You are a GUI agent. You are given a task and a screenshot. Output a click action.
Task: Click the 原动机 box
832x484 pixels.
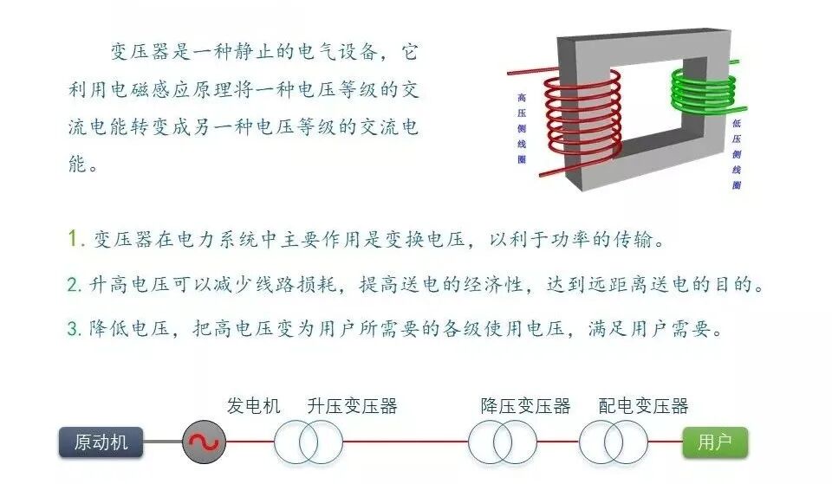pyautogui.click(x=101, y=442)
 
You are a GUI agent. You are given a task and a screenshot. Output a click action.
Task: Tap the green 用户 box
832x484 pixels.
pyautogui.click(x=715, y=442)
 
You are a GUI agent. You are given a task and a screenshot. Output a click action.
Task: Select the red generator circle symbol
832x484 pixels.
pyautogui.click(x=205, y=443)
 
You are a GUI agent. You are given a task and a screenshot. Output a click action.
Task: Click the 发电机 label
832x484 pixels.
pyautogui.click(x=254, y=406)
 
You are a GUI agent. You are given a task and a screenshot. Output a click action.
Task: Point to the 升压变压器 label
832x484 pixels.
pyautogui.click(x=352, y=406)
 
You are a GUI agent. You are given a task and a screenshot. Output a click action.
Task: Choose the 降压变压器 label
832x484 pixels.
pyautogui.click(x=525, y=406)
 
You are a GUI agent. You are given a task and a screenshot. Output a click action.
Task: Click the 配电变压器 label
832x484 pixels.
pyautogui.click(x=643, y=406)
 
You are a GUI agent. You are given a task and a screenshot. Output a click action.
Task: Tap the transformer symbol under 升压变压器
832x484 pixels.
pyautogui.click(x=309, y=443)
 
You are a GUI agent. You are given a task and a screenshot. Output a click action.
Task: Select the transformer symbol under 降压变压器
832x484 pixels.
pyautogui.click(x=503, y=443)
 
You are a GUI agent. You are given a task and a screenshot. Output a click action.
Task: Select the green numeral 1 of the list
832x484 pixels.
pyautogui.click(x=73, y=239)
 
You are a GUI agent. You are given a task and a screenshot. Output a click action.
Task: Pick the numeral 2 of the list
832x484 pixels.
pyautogui.click(x=73, y=284)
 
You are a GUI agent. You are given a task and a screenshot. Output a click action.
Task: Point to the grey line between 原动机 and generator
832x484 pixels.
pyautogui.click(x=162, y=443)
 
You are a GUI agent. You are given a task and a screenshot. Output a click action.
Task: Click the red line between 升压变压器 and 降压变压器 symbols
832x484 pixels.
pyautogui.click(x=405, y=443)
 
